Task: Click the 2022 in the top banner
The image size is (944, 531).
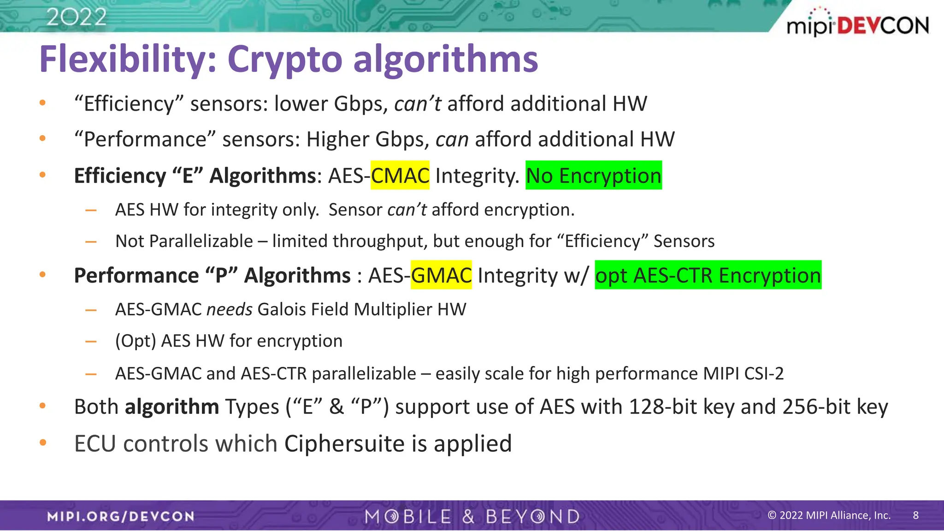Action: point(77,18)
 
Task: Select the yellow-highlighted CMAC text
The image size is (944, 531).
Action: point(400,176)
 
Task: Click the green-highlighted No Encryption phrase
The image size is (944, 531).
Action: point(594,176)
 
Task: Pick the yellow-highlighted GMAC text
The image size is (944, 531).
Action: point(441,275)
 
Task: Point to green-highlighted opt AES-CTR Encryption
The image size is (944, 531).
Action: point(708,275)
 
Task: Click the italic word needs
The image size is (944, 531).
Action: point(229,309)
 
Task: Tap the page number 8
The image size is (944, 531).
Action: point(915,515)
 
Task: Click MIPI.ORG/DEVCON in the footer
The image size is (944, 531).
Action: point(121,516)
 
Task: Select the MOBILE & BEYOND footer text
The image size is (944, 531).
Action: point(472,516)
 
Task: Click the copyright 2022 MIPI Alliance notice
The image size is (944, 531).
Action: point(828,515)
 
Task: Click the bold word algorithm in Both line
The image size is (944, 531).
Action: point(172,407)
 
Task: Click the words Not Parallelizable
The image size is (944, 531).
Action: point(184,241)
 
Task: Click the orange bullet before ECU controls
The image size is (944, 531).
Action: point(43,443)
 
